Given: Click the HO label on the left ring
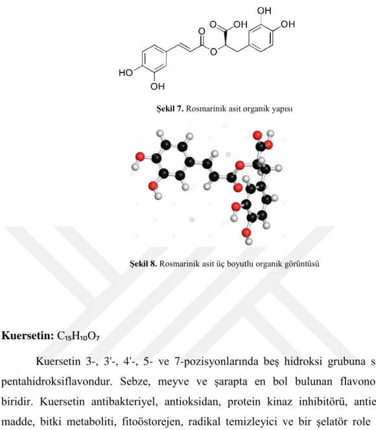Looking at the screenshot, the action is click(x=126, y=73).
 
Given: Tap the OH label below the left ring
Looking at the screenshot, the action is click(x=158, y=87).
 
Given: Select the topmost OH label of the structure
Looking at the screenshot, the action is click(x=264, y=10).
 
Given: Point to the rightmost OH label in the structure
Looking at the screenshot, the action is click(x=288, y=24).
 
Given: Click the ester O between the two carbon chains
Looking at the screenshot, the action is click(x=213, y=51).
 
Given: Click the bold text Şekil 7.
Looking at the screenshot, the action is click(x=170, y=108).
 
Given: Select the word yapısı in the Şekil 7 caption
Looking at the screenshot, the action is click(x=282, y=109).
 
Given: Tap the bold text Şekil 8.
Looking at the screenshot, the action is click(x=143, y=263).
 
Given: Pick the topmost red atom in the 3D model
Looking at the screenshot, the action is click(x=257, y=135).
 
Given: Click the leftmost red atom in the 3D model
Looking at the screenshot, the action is click(x=140, y=156).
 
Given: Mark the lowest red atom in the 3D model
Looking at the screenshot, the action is click(x=246, y=233).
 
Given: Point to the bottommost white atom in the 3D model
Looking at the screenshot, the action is click(x=249, y=241).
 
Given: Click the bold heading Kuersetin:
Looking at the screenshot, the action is click(x=28, y=336).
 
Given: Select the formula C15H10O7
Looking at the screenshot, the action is click(x=78, y=336).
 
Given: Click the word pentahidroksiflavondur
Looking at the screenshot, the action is click(x=57, y=382).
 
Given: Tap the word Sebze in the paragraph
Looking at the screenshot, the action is click(x=135, y=382).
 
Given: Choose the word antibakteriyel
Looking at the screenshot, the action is click(x=124, y=401).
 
